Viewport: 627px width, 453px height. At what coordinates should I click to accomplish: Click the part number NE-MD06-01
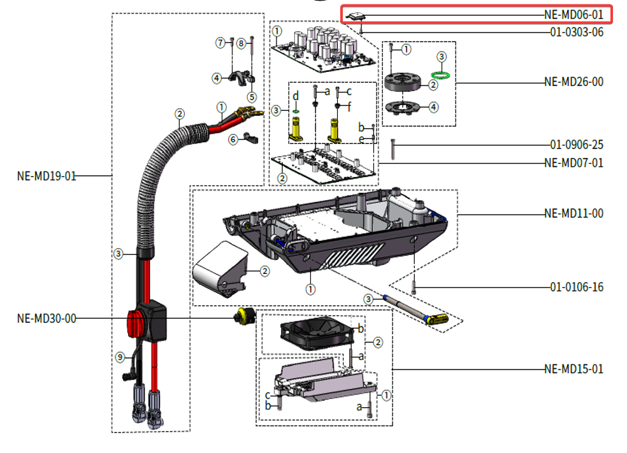coord(573,14)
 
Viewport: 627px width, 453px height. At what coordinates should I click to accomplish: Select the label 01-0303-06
coord(577,32)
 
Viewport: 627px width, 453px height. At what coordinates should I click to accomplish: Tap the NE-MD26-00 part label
coord(573,82)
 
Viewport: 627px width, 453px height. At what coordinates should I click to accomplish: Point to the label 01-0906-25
coord(577,144)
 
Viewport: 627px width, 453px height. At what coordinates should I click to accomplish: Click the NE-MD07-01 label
coord(573,162)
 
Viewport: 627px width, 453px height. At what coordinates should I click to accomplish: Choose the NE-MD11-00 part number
coord(573,213)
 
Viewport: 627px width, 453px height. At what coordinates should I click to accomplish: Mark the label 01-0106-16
coord(577,287)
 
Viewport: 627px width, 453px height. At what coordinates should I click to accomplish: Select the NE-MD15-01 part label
coord(573,368)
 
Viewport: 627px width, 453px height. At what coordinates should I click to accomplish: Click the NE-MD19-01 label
coord(46,176)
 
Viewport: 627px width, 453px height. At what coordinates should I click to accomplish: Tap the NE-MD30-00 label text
coord(46,318)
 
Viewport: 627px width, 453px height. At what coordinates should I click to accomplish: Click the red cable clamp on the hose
coord(136,318)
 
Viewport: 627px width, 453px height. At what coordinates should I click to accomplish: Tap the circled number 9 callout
coord(119,357)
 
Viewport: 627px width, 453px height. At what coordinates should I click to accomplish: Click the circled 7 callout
coord(220,43)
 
